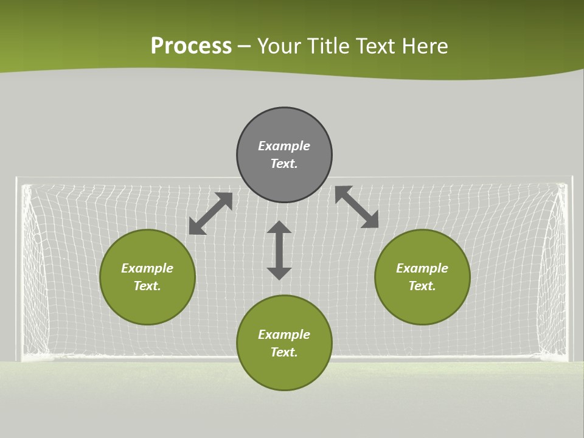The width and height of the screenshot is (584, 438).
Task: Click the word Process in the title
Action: [x=191, y=46]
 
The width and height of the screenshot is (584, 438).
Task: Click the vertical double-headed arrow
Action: [x=279, y=251]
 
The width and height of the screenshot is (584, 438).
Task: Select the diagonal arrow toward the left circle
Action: [x=210, y=214]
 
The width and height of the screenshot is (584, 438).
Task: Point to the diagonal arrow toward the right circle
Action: [x=357, y=207]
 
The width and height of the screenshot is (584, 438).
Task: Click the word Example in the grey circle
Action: [x=284, y=146]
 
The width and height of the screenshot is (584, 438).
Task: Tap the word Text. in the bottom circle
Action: [x=284, y=352]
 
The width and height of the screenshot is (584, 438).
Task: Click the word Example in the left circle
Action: [x=147, y=268]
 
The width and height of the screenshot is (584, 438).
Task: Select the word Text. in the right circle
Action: [x=422, y=286]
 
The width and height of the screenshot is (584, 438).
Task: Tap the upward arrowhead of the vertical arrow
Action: [x=279, y=228]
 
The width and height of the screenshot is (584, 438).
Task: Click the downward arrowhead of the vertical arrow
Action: [x=279, y=273]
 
